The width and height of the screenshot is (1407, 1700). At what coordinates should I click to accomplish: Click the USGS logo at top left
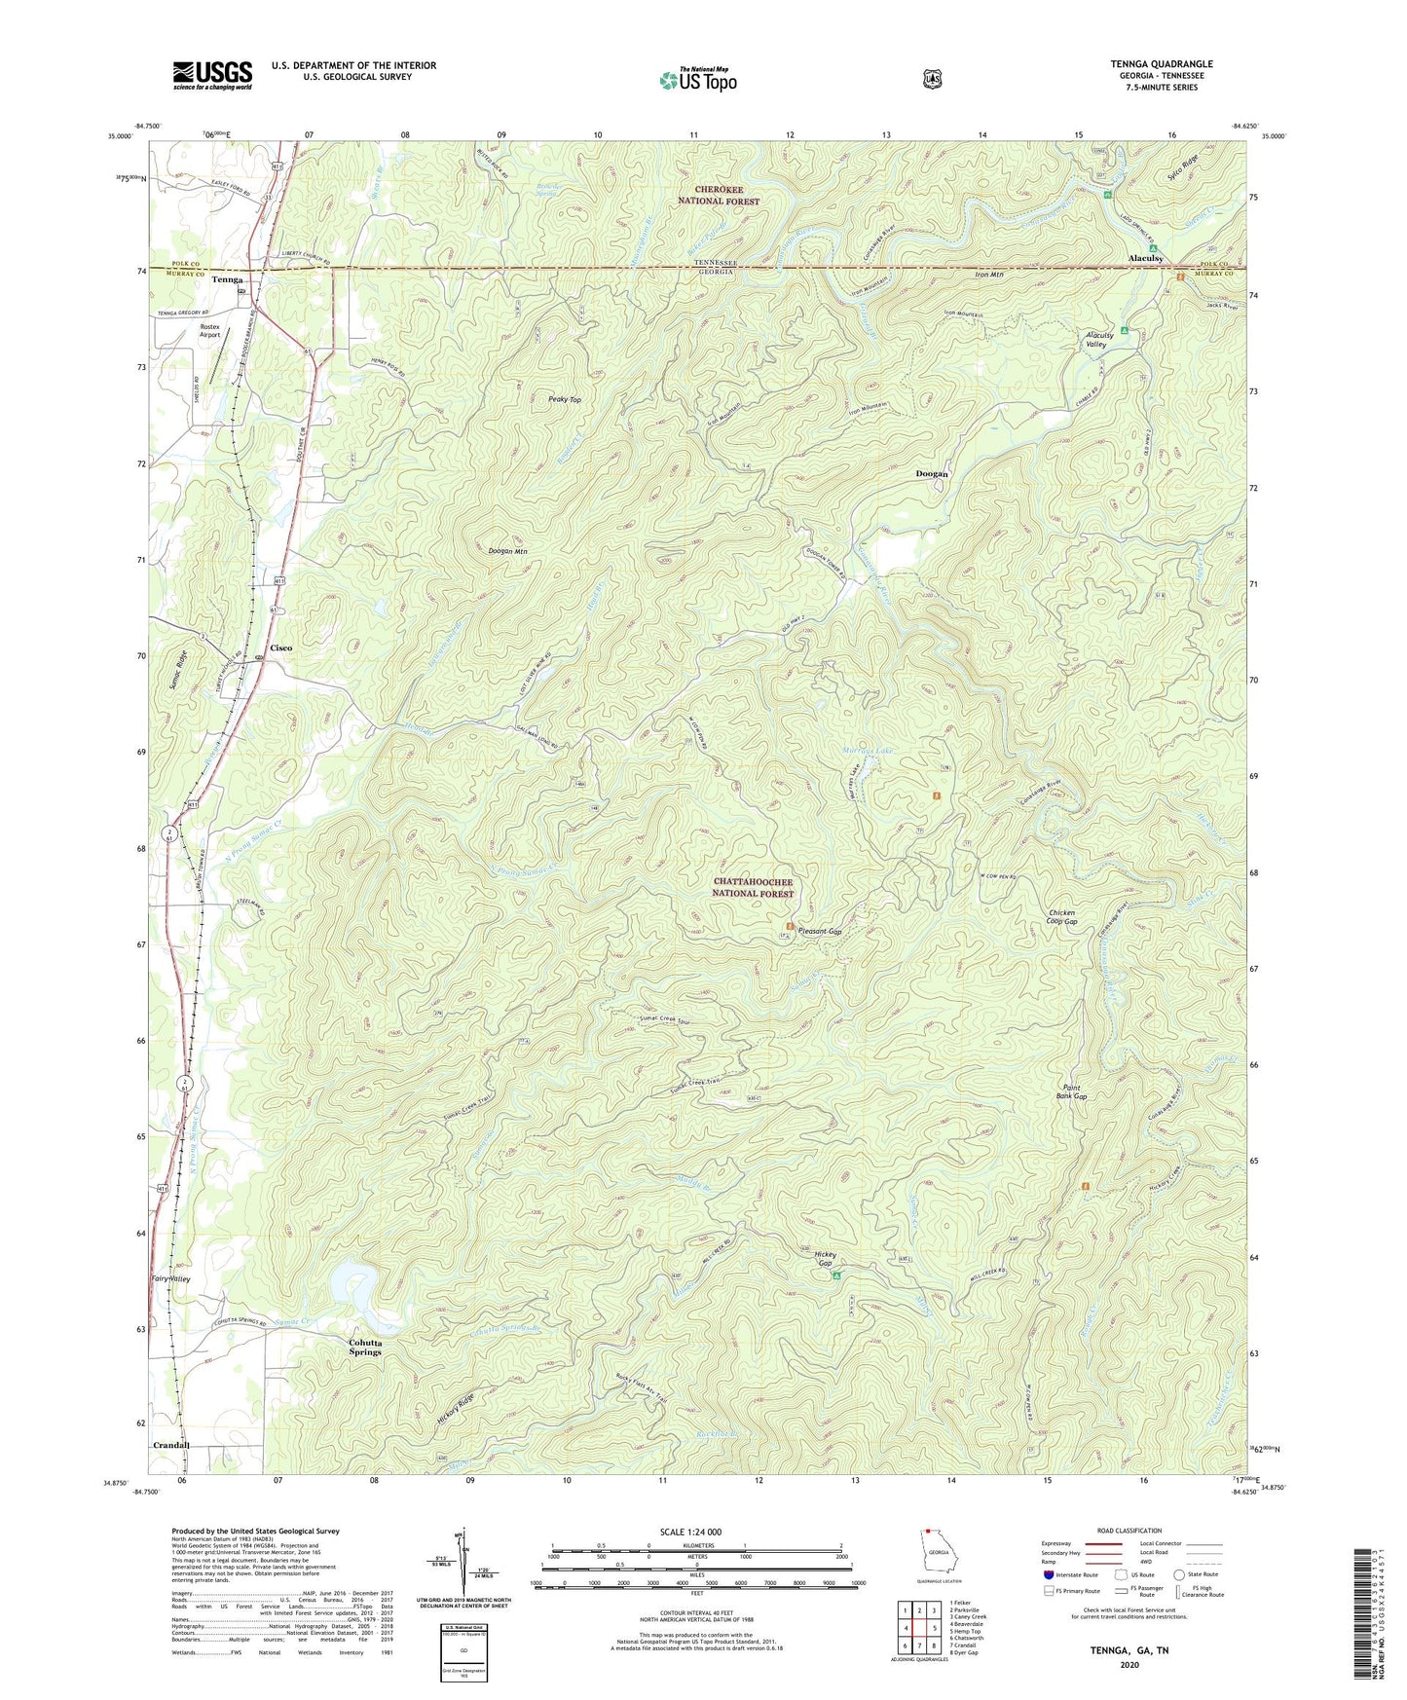tap(212, 75)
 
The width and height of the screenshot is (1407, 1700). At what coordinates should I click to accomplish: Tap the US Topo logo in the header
tap(697, 80)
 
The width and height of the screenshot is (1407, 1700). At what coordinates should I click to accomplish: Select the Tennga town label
tap(227, 279)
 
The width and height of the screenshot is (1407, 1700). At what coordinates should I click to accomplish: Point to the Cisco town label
tap(280, 647)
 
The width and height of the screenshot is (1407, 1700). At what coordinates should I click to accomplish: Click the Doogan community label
tap(932, 474)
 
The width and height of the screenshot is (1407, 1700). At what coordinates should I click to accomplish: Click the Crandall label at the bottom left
tap(170, 1446)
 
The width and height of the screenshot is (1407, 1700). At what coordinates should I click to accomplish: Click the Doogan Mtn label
tap(507, 551)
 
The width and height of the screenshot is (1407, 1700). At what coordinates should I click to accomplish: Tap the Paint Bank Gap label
tap(1073, 1092)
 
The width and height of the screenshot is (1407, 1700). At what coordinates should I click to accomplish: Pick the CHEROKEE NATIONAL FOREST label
tap(721, 195)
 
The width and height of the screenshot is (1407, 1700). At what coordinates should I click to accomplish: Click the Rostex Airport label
tap(209, 330)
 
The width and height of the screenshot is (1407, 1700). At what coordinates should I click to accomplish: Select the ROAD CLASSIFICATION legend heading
tap(1129, 1531)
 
